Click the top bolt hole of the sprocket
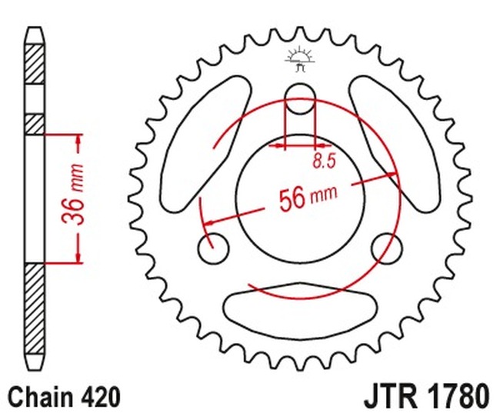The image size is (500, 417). tap(300, 98)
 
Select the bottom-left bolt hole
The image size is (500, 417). tap(214, 248)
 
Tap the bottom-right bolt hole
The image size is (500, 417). tap(387, 248)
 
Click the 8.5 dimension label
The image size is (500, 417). tap(324, 161)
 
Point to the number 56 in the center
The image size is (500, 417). tap(292, 199)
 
